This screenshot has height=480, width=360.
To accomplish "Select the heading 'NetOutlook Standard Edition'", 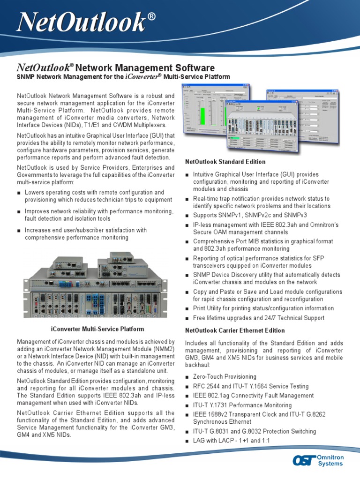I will (x=225, y=162).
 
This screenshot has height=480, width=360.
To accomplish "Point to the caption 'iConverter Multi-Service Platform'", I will (x=97, y=329).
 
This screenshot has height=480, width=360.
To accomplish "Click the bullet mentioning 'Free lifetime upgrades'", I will (x=258, y=318).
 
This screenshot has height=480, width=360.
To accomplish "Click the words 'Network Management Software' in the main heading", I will (x=145, y=68).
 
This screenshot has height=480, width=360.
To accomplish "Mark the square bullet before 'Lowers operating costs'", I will (x=19, y=193).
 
